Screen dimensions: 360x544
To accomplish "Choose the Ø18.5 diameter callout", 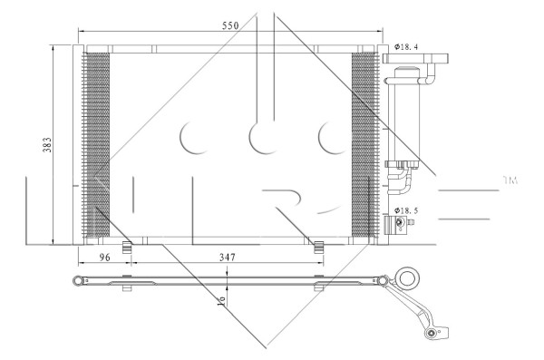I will click(406, 210).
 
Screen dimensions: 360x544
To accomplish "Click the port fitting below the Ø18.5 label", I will click(396, 224).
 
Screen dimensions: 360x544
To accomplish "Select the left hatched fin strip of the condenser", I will click(95, 145).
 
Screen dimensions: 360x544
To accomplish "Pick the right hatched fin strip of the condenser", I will click(363, 145).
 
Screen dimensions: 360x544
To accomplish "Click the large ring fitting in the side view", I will click(409, 277).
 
